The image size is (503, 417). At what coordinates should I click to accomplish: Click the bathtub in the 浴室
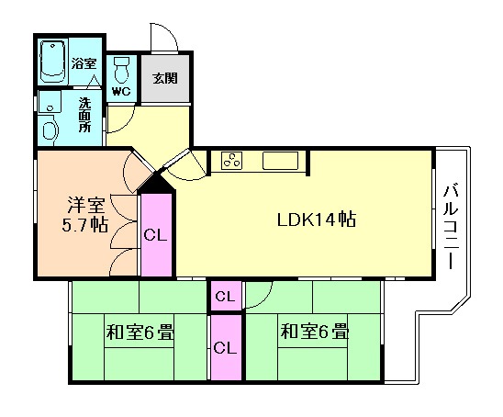[x=53, y=62]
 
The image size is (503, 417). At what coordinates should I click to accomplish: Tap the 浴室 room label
[x=84, y=63]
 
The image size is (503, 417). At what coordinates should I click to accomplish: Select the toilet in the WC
[x=121, y=71]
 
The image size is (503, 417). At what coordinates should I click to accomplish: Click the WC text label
[x=121, y=92]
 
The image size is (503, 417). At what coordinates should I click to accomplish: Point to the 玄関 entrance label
[x=165, y=78]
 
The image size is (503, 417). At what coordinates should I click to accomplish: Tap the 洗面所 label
[x=85, y=115]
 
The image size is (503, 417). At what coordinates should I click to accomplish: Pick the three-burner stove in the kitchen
[x=231, y=160]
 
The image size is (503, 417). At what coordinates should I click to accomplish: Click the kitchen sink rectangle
[x=280, y=161]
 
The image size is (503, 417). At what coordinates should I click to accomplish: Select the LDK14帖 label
[x=317, y=220]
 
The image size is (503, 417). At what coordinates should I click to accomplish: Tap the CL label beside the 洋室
[x=155, y=235]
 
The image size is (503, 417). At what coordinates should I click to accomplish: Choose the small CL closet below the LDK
[x=226, y=296]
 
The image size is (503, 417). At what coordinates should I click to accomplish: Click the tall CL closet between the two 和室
[x=226, y=347]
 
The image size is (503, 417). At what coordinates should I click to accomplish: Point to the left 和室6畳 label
[x=140, y=332]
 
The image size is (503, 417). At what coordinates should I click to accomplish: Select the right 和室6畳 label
[x=314, y=332]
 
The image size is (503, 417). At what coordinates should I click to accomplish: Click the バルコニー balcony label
[x=451, y=226]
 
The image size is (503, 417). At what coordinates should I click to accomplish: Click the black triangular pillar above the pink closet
[x=156, y=182]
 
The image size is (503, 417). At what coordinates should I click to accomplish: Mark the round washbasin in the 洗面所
[x=50, y=130]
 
